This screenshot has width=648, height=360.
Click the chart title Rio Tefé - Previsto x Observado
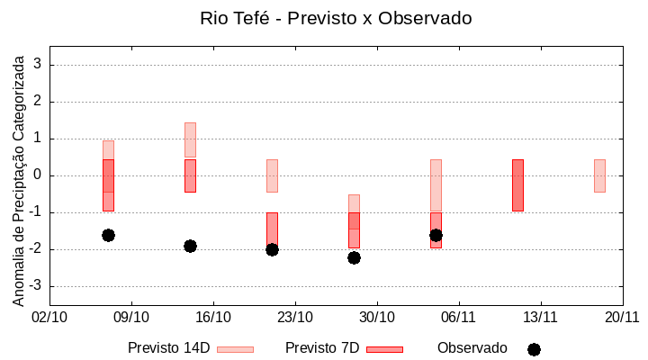(336, 18)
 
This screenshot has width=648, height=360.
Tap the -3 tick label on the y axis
(35, 286)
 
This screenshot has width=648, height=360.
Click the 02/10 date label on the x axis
(49, 317)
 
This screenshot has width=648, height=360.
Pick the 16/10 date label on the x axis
(213, 317)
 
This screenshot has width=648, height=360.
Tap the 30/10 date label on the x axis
(377, 317)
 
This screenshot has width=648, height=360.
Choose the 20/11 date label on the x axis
(622, 317)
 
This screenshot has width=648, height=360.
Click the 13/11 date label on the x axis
(540, 317)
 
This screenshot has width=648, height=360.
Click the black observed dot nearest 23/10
(272, 249)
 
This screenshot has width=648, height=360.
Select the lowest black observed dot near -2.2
(354, 257)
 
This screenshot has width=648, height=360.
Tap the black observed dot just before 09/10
(108, 235)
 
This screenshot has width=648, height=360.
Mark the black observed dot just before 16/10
(190, 246)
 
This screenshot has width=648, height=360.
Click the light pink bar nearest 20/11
(599, 175)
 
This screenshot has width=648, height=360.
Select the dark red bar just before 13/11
(517, 185)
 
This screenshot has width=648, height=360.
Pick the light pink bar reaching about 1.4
(190, 139)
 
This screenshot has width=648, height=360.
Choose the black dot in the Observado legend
(534, 349)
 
